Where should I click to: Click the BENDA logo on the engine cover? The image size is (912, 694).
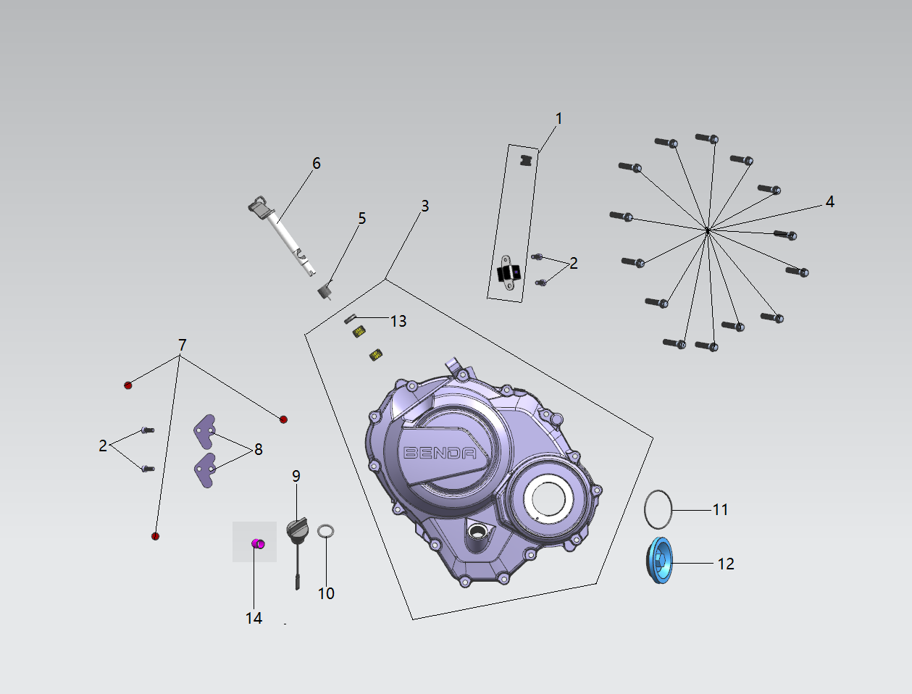[x=440, y=453]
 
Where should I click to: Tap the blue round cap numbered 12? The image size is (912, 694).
[x=659, y=560]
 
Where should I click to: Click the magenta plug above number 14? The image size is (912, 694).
[x=258, y=543]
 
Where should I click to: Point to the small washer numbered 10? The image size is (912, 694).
[x=326, y=531]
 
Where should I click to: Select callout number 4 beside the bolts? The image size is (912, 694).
[x=829, y=202]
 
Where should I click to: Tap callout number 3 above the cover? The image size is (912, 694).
[x=424, y=206]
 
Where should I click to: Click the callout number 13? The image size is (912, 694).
[x=398, y=321]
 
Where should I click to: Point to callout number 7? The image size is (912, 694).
[x=182, y=345]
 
